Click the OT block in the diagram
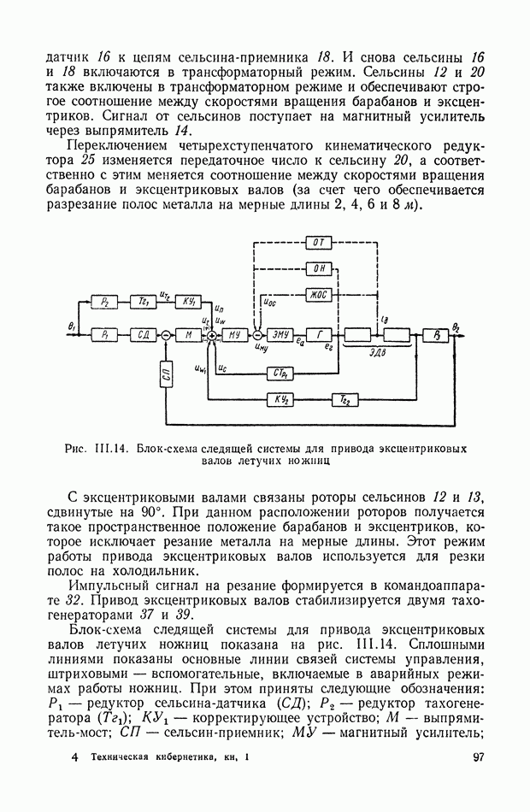coord(317,243)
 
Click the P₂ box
coord(106,303)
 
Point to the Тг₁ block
coord(144,303)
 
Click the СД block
coord(144,336)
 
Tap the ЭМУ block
coord(280,336)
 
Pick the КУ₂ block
coord(280,399)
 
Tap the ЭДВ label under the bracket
coord(374,351)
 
